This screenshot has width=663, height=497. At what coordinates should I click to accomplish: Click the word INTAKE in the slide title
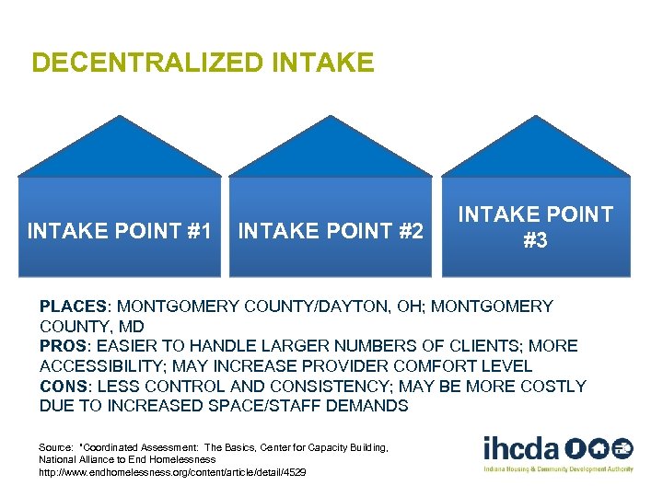coord(323,63)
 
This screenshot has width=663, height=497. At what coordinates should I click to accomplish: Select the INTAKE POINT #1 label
coord(120,231)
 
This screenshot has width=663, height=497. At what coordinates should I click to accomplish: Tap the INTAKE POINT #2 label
coord(331,231)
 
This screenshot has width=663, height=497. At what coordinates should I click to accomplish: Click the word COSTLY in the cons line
coord(552,387)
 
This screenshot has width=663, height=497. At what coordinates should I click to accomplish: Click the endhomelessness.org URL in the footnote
coord(172,472)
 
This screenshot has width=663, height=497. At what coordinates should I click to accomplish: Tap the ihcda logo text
coord(521,449)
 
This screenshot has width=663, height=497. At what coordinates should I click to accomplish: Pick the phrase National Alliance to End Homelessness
coord(127,459)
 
